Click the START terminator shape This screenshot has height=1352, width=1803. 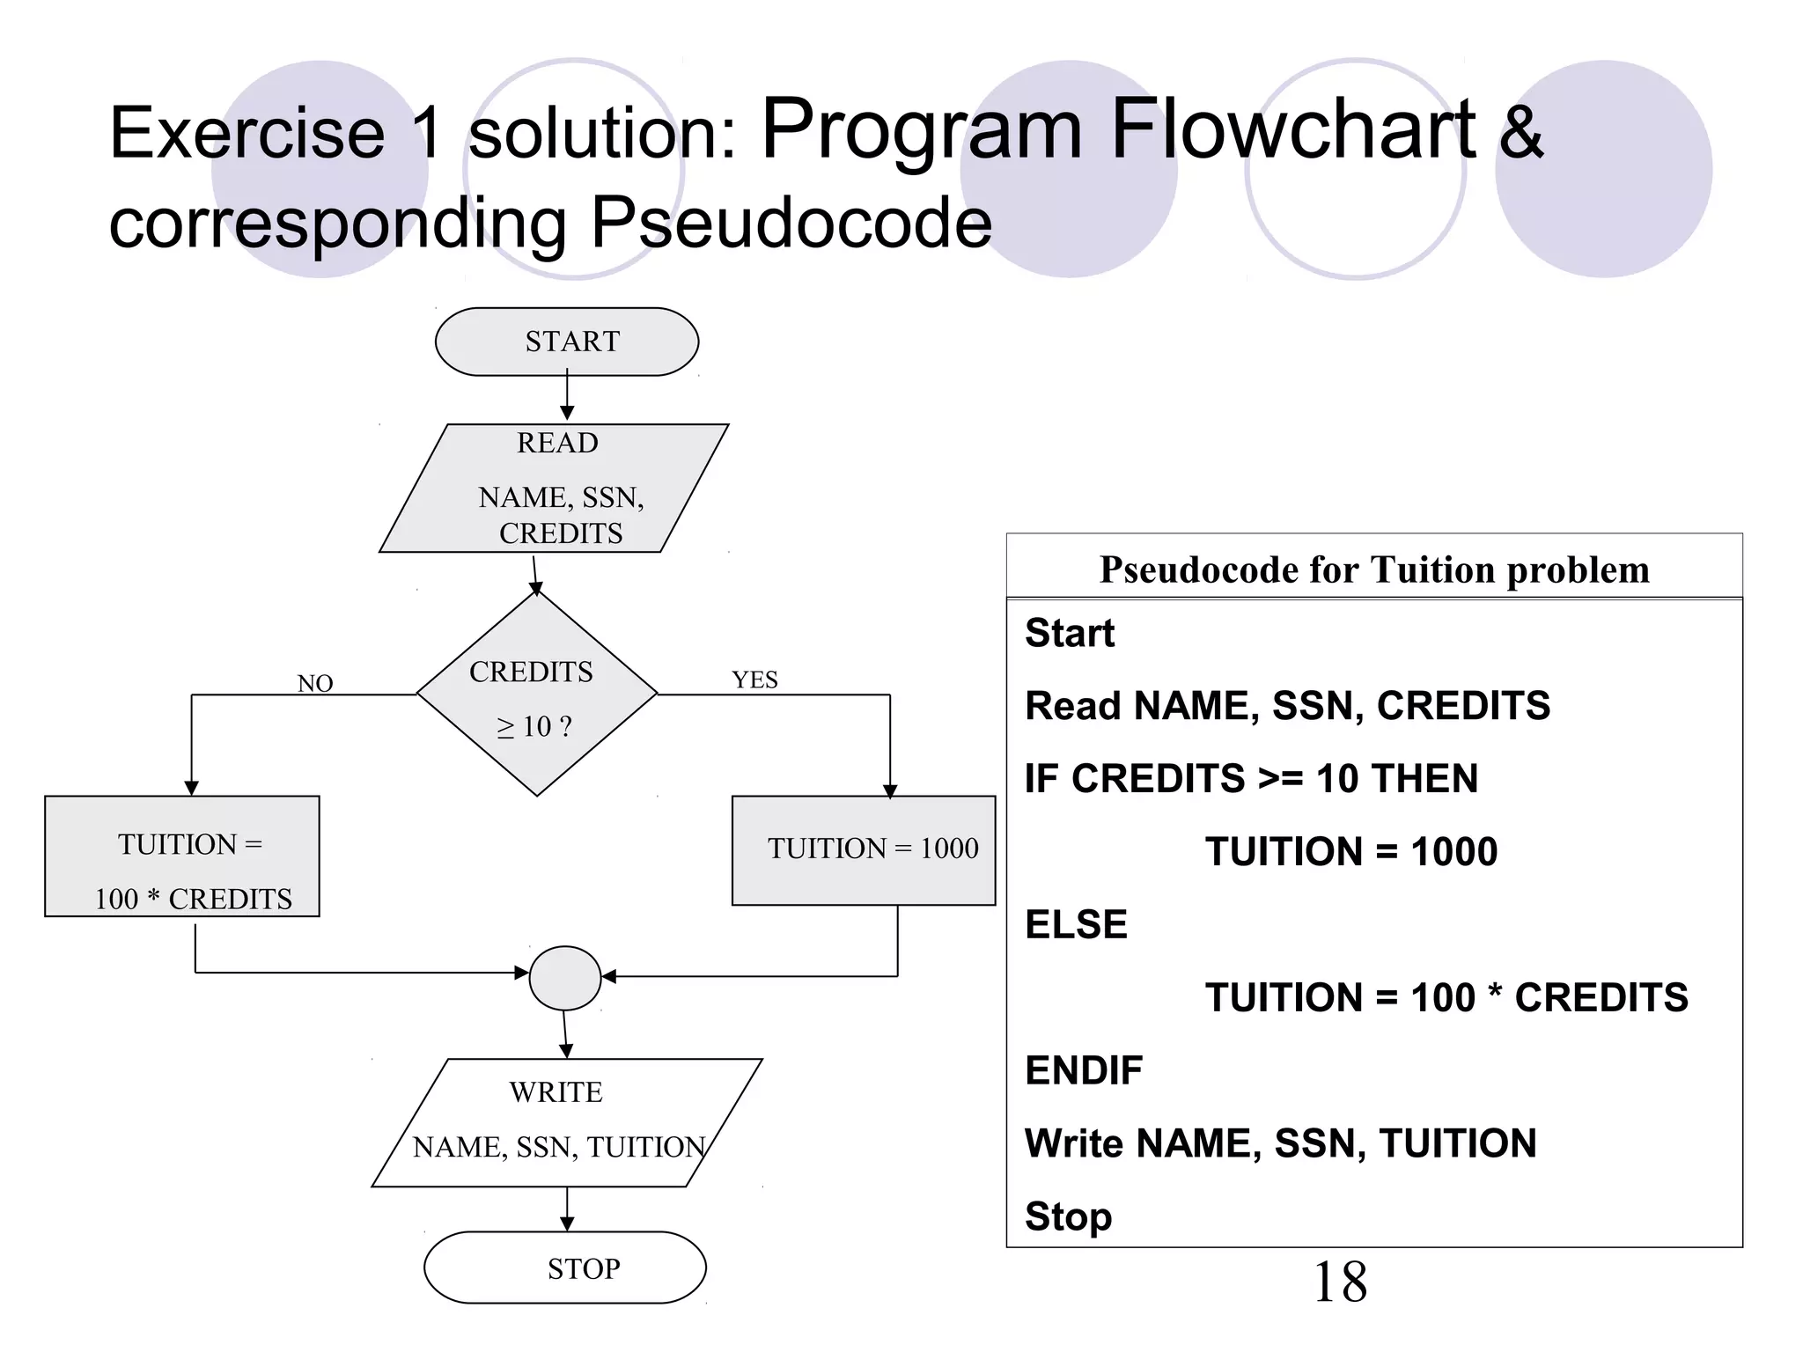[x=567, y=342]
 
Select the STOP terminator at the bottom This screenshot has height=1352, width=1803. [x=565, y=1267]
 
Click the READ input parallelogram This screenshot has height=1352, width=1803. [x=555, y=489]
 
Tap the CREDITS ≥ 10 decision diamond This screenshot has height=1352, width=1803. [x=536, y=695]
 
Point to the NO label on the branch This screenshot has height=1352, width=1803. [x=315, y=683]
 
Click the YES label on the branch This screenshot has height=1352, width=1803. [x=754, y=680]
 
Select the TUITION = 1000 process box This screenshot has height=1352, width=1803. [x=864, y=849]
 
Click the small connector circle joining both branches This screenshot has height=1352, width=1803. [x=565, y=977]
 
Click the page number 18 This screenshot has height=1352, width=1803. [x=1339, y=1282]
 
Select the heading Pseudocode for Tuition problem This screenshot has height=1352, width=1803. [x=1373, y=569]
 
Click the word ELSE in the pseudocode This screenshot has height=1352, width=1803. [x=1076, y=924]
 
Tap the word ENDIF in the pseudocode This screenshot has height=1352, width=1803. [x=1084, y=1070]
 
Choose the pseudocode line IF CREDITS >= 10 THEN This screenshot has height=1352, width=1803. [x=1251, y=778]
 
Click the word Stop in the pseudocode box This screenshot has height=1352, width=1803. [x=1068, y=1216]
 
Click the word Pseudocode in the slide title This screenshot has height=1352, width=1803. [x=791, y=222]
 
